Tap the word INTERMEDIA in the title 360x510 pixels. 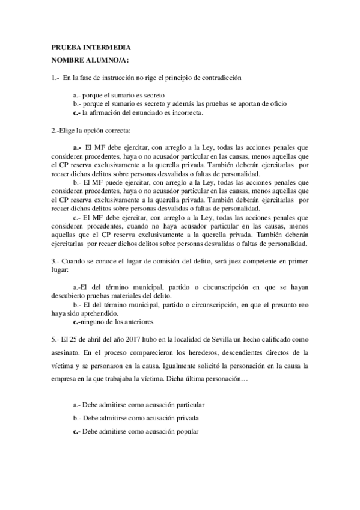pyautogui.click(x=106, y=47)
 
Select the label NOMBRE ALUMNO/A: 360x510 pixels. pyautogui.click(x=90, y=60)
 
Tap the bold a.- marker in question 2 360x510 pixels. pyautogui.click(x=77, y=147)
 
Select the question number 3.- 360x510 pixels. pyautogui.click(x=55, y=261)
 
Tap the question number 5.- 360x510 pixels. pyautogui.click(x=55, y=337)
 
